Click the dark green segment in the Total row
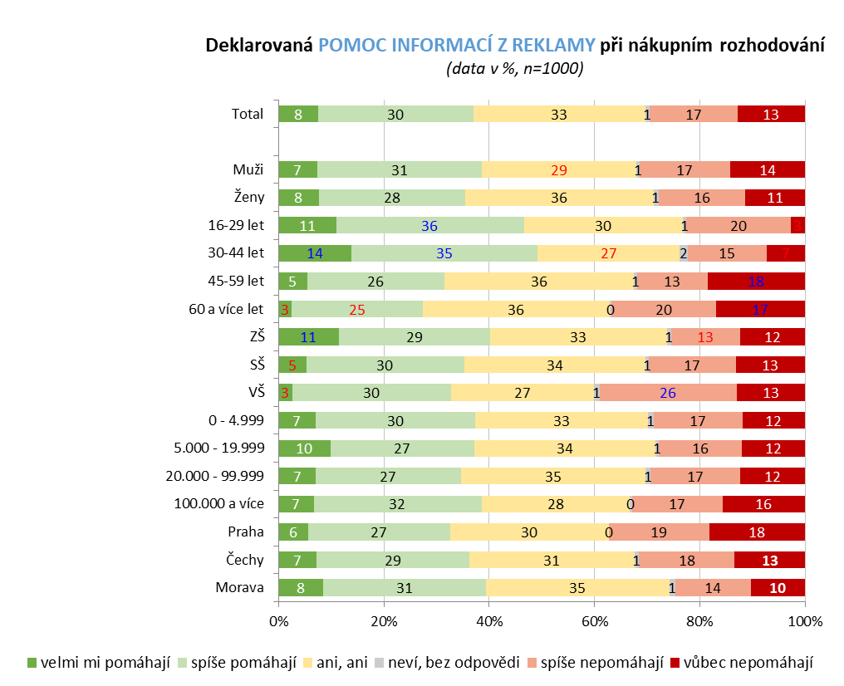tap(298, 115)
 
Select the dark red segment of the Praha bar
tap(757, 532)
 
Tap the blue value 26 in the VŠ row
tap(669, 393)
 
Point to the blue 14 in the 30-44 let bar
tap(315, 254)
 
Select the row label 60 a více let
tap(226, 310)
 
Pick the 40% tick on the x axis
tap(488, 621)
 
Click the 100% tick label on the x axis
tap(804, 621)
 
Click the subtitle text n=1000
tap(552, 69)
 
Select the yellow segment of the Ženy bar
tap(558, 198)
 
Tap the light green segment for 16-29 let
tap(429, 226)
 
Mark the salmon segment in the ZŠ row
tap(705, 337)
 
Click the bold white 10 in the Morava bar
tap(778, 588)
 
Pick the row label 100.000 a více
tap(218, 504)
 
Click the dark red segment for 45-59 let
tap(756, 282)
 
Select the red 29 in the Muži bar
tap(559, 170)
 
